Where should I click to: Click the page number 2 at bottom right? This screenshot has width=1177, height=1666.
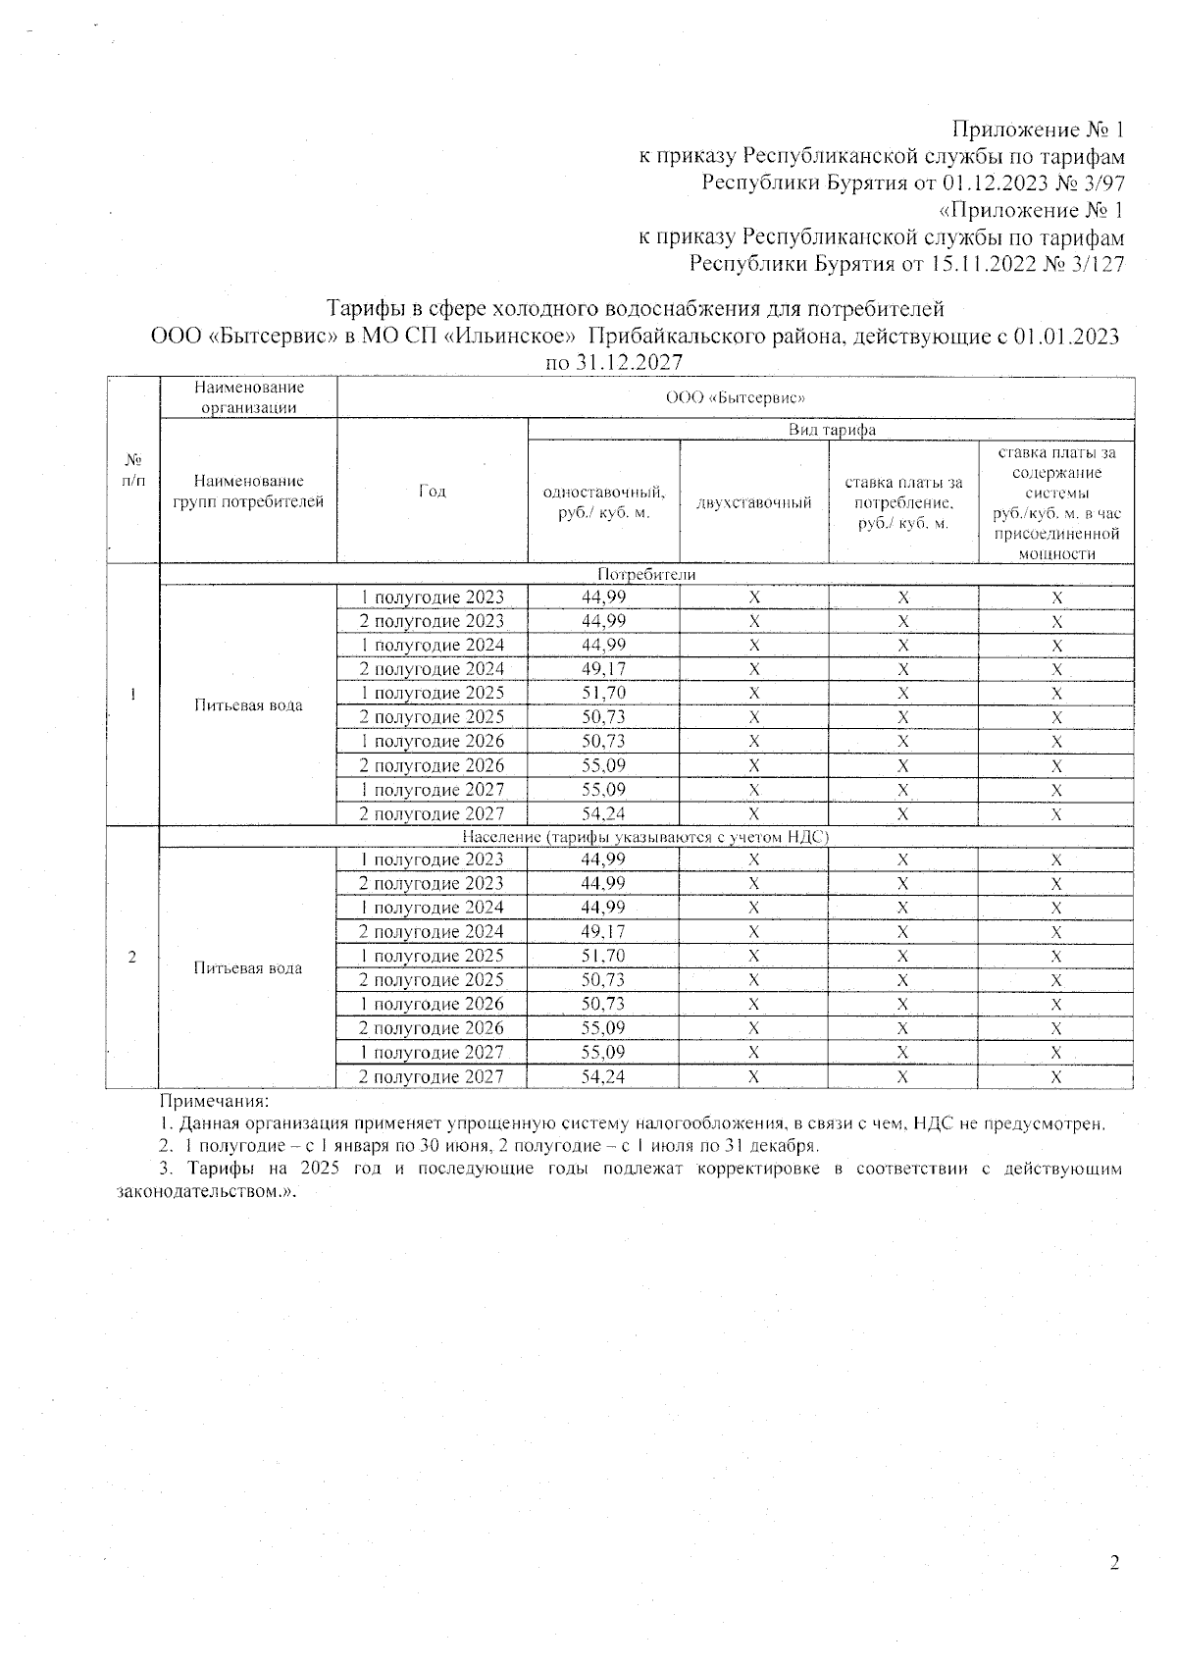tap(1114, 1563)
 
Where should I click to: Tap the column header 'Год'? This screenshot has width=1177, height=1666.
tap(432, 491)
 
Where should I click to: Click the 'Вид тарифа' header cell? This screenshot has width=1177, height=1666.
tap(832, 430)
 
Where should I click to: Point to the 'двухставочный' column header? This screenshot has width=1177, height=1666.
tap(753, 502)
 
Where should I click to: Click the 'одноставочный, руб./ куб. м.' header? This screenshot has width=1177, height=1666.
tap(603, 502)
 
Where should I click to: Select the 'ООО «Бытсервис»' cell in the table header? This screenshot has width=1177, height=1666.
tap(735, 397)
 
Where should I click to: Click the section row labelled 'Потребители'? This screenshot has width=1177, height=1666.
tap(645, 575)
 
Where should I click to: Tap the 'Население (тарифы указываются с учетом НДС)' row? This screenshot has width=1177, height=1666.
tap(645, 837)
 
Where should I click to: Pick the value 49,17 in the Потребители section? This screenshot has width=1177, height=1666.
tap(603, 669)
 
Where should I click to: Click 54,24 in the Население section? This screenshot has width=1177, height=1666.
tap(603, 1076)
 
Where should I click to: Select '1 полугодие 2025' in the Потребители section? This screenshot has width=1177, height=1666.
tap(432, 693)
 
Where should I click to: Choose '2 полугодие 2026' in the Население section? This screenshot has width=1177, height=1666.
tap(432, 1028)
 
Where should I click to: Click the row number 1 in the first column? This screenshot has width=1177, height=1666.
tap(131, 695)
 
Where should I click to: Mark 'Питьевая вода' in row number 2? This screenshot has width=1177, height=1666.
tap(247, 968)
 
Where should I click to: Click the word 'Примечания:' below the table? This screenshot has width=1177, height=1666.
tap(214, 1102)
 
